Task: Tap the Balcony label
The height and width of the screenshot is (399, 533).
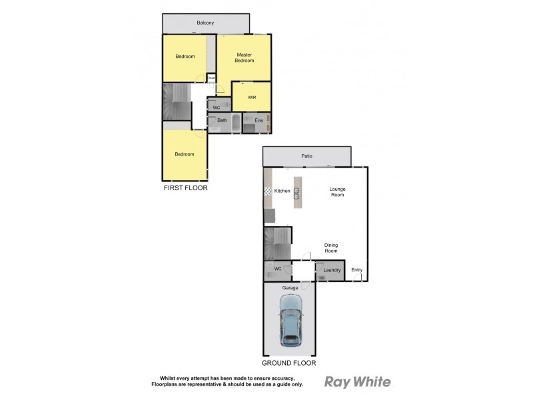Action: [205, 23]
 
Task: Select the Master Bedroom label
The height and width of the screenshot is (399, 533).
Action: [245, 57]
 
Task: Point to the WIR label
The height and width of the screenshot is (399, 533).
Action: [252, 98]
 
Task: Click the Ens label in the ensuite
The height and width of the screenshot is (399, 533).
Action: [259, 120]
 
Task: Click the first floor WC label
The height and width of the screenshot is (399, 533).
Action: [217, 107]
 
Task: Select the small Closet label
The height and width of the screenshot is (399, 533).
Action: [211, 78]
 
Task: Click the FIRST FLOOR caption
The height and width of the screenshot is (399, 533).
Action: [186, 188]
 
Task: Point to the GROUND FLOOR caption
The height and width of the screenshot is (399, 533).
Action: [288, 364]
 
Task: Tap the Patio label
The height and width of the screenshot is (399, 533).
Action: [306, 157]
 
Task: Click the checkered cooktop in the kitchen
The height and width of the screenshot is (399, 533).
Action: [268, 192]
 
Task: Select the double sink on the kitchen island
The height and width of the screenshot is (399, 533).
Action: [296, 194]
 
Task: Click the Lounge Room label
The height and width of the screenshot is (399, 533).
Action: [338, 192]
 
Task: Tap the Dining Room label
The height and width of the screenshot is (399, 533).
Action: [330, 247]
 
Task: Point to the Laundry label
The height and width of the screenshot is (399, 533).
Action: [332, 270]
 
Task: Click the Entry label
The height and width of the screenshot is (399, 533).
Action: [357, 269]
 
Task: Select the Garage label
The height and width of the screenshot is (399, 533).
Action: [289, 288]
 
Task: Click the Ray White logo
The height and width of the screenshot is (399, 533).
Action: [357, 382]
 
